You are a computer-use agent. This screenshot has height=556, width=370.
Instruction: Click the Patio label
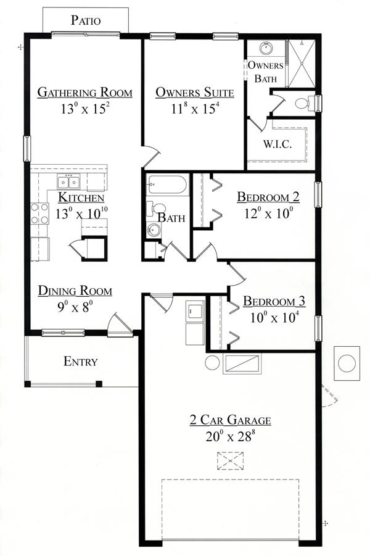click(x=86, y=20)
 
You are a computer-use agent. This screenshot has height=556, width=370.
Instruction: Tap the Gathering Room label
click(x=85, y=93)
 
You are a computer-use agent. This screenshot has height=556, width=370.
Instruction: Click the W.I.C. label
click(x=277, y=144)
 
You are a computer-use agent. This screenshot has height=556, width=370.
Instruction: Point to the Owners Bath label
click(x=266, y=72)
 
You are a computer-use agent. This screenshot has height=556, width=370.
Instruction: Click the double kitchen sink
click(x=68, y=182)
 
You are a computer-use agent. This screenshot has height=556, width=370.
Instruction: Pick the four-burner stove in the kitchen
click(x=40, y=213)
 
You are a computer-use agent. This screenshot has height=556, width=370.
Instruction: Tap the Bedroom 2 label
click(x=268, y=197)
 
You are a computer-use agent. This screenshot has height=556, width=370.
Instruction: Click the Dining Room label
click(x=75, y=291)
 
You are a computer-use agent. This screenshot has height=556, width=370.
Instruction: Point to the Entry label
click(x=81, y=362)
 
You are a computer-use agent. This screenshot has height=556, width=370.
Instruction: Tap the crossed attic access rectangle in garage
click(x=230, y=460)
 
